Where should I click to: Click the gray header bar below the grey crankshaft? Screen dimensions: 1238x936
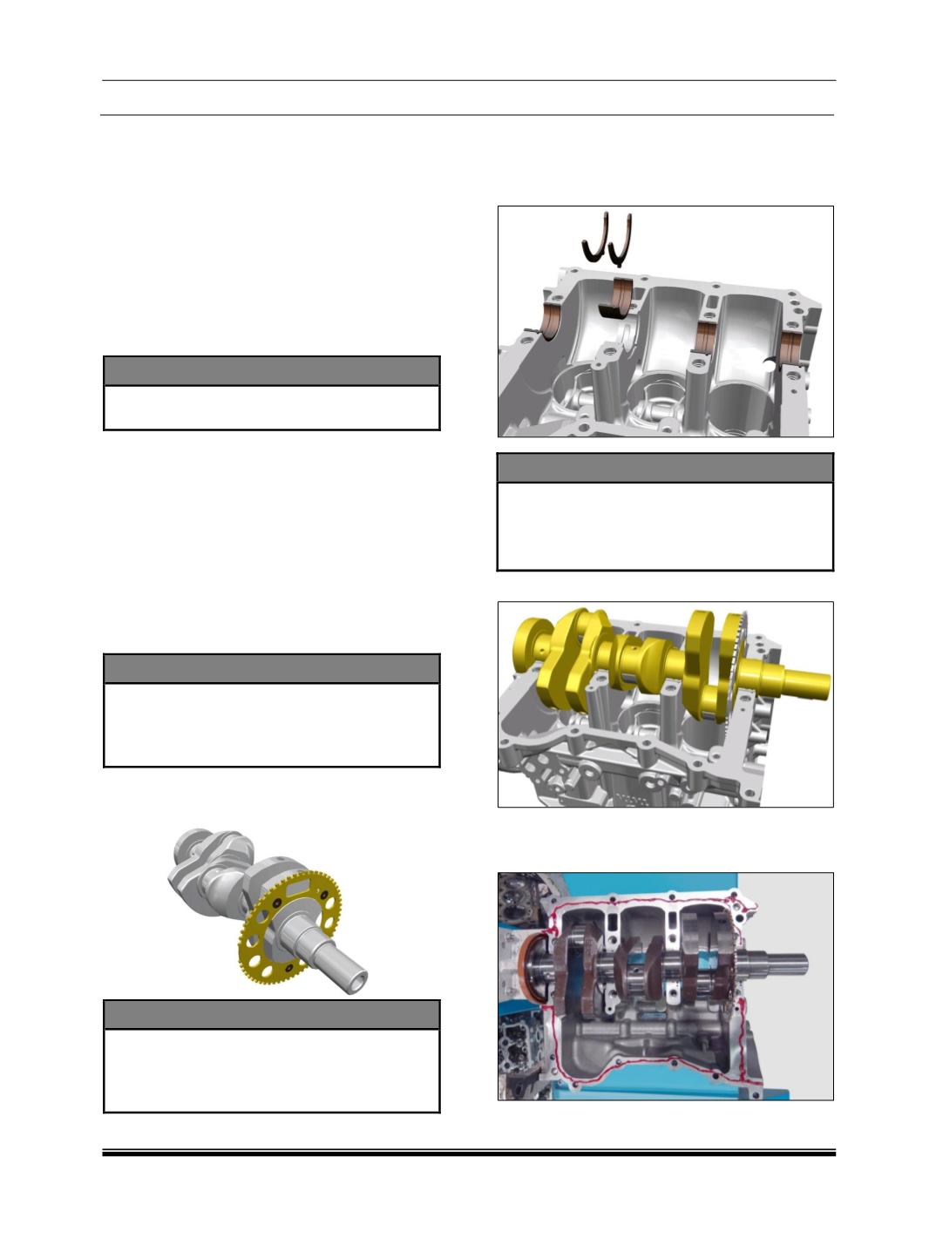(x=271, y=1015)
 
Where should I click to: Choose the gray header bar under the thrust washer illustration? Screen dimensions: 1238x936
(x=665, y=468)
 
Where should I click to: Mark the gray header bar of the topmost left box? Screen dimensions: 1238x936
(x=271, y=370)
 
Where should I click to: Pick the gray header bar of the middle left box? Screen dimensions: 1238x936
(x=271, y=669)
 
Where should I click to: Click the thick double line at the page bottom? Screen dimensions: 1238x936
(x=468, y=1153)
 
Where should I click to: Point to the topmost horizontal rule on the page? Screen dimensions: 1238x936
(x=468, y=81)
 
